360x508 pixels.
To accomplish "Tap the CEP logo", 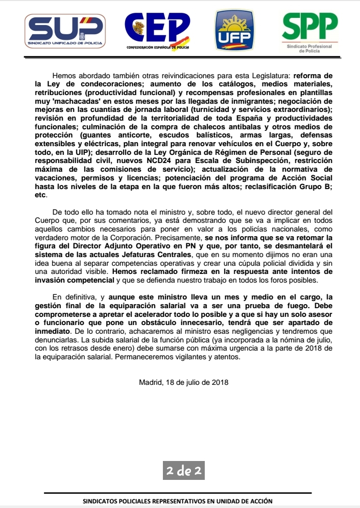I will click(x=157, y=28).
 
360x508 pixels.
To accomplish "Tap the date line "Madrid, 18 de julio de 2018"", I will click(x=183, y=382).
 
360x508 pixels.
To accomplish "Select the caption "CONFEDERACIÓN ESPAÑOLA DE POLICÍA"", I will click(x=158, y=48).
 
